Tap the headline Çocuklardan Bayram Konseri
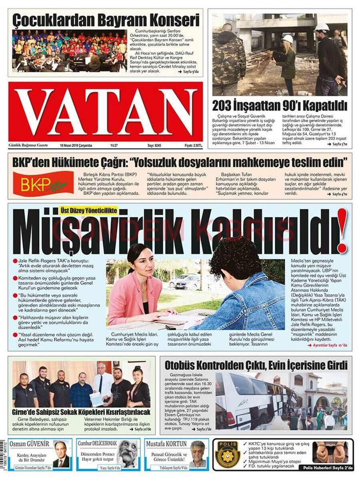pyautogui.click(x=106, y=20)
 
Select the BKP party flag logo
pyautogui.click(x=43, y=183)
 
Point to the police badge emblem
pyautogui.click(x=228, y=454)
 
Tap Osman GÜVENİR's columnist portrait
pyautogui.click(x=61, y=455)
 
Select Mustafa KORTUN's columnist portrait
pyautogui.click(x=197, y=454)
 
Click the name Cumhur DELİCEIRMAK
pyautogui.click(x=97, y=443)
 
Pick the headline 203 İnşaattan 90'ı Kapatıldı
pyautogui.click(x=280, y=106)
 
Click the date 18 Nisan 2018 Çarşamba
pyautogui.click(x=76, y=146)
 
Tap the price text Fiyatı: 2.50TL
pyautogui.click(x=193, y=146)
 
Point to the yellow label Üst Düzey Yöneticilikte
pyautogui.click(x=88, y=210)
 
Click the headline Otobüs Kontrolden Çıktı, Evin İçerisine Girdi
pyautogui.click(x=256, y=365)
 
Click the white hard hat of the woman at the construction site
pyautogui.click(x=288, y=39)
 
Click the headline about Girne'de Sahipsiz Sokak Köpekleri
pyautogui.click(x=81, y=412)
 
